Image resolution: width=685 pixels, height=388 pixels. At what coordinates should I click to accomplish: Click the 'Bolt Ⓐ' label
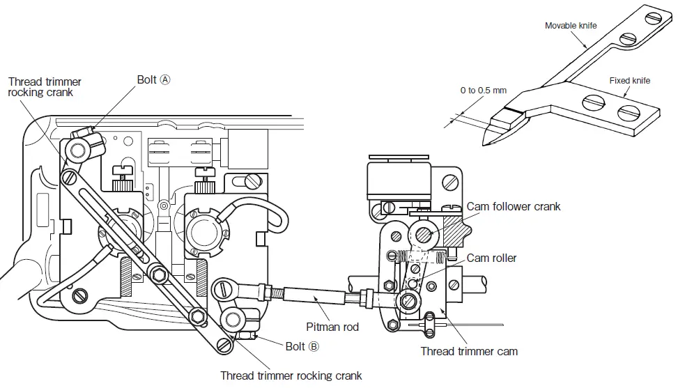[153, 79]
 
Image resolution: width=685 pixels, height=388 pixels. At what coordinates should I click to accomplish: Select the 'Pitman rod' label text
[332, 326]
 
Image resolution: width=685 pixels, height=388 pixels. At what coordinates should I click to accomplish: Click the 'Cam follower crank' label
[514, 206]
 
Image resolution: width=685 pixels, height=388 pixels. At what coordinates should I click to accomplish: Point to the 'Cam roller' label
[491, 258]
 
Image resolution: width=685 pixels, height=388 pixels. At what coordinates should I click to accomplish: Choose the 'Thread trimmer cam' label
[469, 351]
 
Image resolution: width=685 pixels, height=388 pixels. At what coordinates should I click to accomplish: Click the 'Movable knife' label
[571, 26]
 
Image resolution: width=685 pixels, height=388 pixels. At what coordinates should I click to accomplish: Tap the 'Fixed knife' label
[629, 81]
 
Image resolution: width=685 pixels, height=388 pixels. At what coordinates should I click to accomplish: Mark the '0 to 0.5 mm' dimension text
[484, 91]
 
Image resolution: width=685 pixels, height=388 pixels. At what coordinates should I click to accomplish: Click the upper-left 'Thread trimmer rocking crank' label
[45, 87]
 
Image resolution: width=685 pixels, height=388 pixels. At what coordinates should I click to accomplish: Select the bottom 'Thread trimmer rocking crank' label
[291, 375]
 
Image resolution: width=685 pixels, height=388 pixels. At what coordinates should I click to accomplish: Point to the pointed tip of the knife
[486, 144]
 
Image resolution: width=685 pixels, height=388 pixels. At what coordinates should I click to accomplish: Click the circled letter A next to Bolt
[165, 79]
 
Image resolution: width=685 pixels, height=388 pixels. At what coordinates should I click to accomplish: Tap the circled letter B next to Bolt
[314, 346]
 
